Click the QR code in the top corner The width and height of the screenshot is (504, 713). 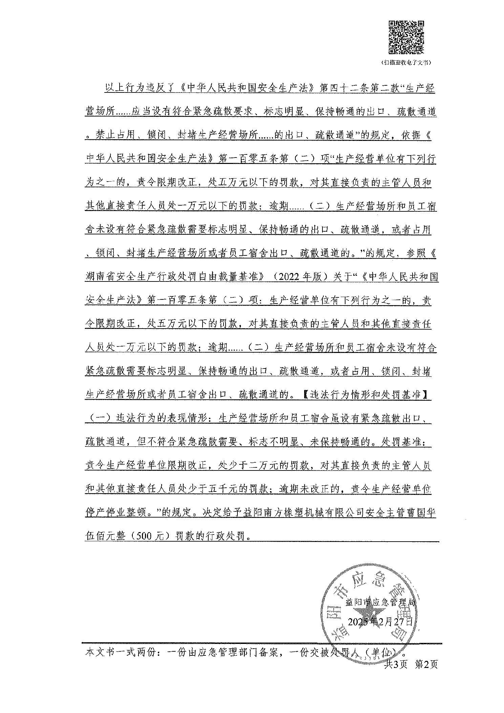406,37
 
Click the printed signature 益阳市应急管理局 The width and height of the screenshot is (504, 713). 379,603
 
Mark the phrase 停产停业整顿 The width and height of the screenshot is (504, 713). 117,513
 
